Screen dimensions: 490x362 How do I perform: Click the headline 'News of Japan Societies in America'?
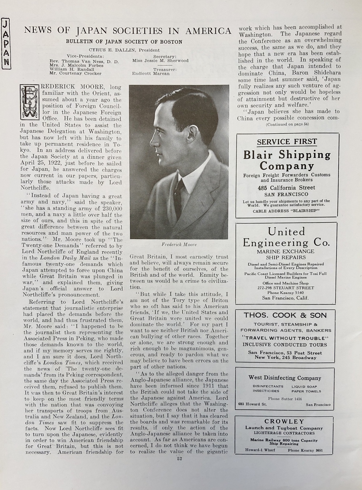(x=127, y=31)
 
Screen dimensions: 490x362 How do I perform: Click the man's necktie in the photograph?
(x=179, y=195)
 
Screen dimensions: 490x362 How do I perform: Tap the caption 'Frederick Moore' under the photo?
(x=179, y=244)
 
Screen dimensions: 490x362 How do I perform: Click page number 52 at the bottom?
(x=179, y=459)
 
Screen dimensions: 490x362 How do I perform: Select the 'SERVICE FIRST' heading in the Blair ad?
(x=287, y=142)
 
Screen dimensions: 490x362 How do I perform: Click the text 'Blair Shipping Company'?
(x=287, y=160)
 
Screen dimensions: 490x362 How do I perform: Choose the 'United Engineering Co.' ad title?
(x=286, y=237)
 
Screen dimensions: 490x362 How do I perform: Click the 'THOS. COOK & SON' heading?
(x=285, y=315)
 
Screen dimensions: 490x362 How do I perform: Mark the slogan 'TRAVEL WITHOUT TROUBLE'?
(x=285, y=337)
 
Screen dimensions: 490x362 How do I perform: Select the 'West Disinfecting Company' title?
(x=285, y=378)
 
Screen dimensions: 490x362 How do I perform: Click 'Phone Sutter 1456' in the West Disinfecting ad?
(x=285, y=399)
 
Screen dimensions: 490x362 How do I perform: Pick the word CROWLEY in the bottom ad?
(x=284, y=421)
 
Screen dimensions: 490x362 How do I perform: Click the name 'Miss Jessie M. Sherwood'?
(x=160, y=61)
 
